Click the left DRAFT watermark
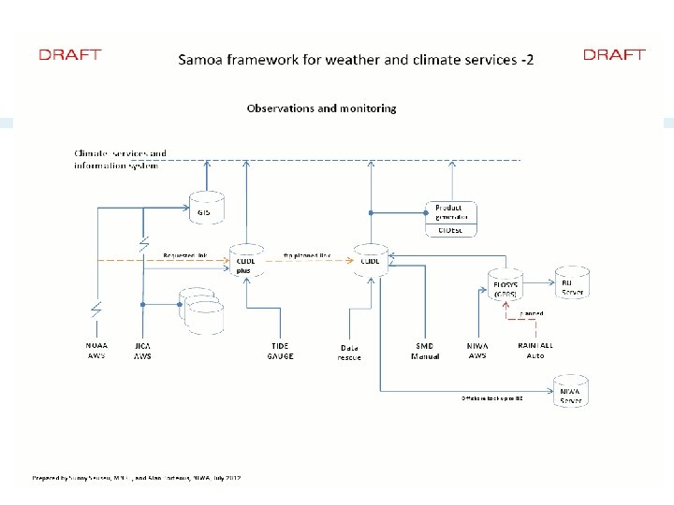(x=69, y=54)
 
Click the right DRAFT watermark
(x=614, y=54)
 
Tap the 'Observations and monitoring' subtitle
(x=321, y=108)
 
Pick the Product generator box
(x=451, y=213)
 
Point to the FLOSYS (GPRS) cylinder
(x=506, y=282)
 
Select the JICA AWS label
(x=143, y=350)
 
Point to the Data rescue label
(x=348, y=352)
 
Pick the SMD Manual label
(x=424, y=350)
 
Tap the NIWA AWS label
(x=477, y=350)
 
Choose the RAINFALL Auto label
(x=535, y=350)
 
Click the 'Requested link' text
(x=183, y=254)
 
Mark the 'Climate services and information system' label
(x=120, y=159)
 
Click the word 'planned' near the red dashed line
(x=532, y=314)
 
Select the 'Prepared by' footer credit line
(x=137, y=478)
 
